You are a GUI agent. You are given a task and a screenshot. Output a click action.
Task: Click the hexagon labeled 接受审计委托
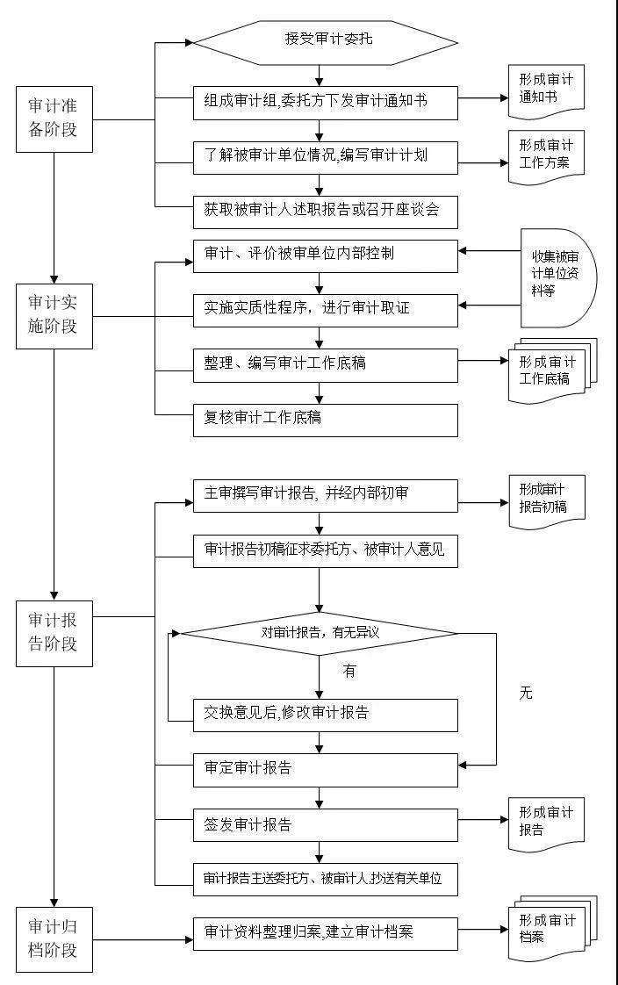pyautogui.click(x=326, y=43)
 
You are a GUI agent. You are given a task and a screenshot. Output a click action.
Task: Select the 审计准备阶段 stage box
pyautogui.click(x=54, y=119)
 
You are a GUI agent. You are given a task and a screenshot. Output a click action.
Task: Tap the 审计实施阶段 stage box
pyautogui.click(x=54, y=316)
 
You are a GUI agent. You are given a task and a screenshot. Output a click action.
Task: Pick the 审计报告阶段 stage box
pyautogui.click(x=54, y=633)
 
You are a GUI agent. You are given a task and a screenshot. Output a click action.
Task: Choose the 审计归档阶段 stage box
pyautogui.click(x=54, y=939)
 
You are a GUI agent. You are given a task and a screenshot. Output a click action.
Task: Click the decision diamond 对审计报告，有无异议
pyautogui.click(x=320, y=633)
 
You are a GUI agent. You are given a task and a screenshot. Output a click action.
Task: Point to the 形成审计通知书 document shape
pyautogui.click(x=546, y=91)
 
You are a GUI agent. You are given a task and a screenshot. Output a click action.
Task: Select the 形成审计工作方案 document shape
pyautogui.click(x=546, y=157)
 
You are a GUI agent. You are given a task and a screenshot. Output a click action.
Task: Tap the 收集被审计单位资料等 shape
pyautogui.click(x=557, y=277)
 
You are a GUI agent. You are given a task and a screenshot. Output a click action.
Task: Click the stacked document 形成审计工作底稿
pyautogui.click(x=552, y=370)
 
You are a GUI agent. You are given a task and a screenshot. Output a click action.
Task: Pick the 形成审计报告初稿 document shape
pyautogui.click(x=546, y=502)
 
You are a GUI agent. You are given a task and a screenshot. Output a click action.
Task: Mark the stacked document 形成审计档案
pyautogui.click(x=552, y=929)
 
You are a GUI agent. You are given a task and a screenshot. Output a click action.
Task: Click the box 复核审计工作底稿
pyautogui.click(x=326, y=421)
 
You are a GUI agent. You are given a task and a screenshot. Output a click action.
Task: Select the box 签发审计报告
pyautogui.click(x=326, y=825)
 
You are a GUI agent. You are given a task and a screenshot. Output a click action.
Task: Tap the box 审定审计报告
pyautogui.click(x=326, y=770)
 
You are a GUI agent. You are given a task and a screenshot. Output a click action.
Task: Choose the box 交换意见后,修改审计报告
pyautogui.click(x=326, y=715)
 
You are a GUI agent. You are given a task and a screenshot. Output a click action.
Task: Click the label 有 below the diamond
pyautogui.click(x=349, y=672)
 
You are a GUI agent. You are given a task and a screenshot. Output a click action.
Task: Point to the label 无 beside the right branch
pyautogui.click(x=526, y=693)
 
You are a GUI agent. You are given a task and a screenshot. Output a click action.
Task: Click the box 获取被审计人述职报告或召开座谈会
pyautogui.click(x=326, y=212)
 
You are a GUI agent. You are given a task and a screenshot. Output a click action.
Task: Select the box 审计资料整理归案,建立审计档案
pyautogui.click(x=326, y=934)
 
